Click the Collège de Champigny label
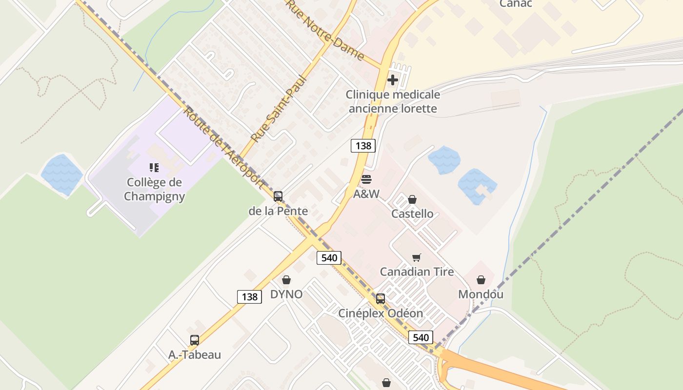click(154, 189)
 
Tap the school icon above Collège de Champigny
click(154, 168)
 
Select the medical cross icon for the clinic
click(393, 80)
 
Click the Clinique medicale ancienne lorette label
click(393, 101)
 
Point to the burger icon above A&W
click(366, 179)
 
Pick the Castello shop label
click(412, 214)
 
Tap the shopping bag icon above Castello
click(412, 199)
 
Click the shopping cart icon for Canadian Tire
click(416, 257)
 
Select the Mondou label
click(481, 294)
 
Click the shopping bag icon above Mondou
click(481, 280)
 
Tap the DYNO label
click(286, 294)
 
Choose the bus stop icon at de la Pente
click(278, 196)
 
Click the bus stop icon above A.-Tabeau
click(195, 340)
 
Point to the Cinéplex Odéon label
click(381, 313)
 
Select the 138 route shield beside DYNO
click(249, 296)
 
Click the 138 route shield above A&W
click(363, 145)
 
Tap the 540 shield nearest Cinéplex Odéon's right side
click(421, 337)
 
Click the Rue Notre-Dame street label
click(325, 30)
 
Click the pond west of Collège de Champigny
click(61, 174)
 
